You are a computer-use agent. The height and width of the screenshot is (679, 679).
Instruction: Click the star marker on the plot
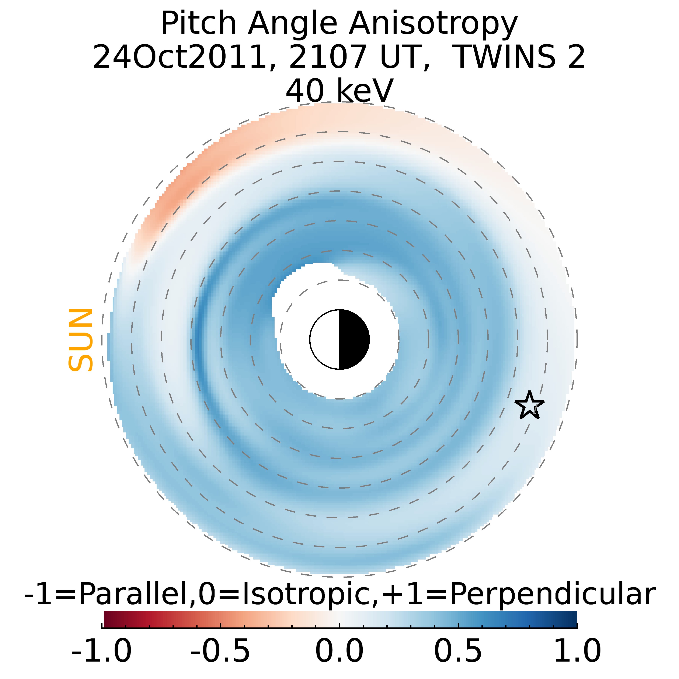click(529, 405)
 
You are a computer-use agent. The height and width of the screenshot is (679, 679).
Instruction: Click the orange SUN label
click(80, 340)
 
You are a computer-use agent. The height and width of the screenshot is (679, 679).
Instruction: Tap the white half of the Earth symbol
click(325, 339)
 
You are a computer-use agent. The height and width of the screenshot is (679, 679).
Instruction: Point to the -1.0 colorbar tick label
click(102, 651)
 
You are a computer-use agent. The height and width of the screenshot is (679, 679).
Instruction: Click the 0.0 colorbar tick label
click(339, 651)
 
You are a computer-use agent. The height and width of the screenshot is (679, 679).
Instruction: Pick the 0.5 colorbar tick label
click(458, 651)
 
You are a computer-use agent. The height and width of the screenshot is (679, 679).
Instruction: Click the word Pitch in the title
click(199, 24)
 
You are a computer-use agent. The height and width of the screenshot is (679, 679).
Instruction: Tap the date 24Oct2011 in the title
click(180, 57)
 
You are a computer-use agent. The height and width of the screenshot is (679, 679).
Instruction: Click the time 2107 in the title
click(328, 57)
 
